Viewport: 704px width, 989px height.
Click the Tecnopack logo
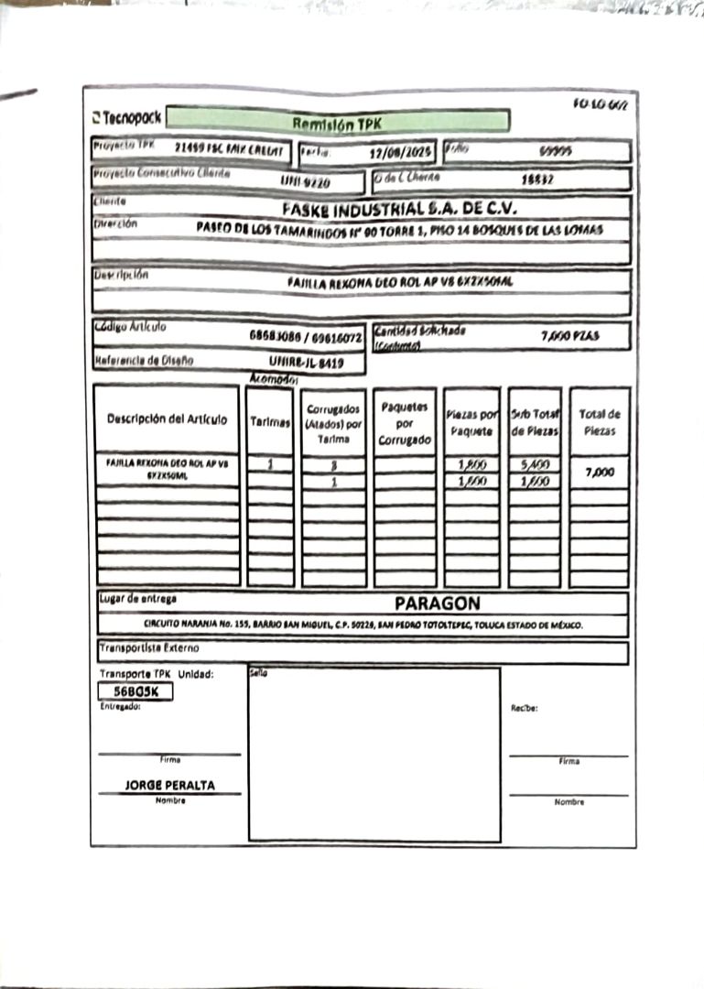click(127, 118)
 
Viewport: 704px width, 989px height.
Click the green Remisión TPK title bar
click(339, 122)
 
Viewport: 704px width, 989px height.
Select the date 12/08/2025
click(399, 153)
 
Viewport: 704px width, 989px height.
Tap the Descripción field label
click(121, 275)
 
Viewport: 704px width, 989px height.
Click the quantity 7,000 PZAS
click(569, 336)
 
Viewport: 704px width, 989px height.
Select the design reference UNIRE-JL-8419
click(307, 363)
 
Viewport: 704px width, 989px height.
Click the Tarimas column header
click(270, 421)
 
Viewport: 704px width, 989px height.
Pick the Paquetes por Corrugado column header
click(405, 421)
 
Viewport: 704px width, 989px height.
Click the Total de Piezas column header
click(600, 421)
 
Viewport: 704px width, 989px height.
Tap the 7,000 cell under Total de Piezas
click(600, 473)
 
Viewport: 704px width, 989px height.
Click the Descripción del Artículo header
click(167, 419)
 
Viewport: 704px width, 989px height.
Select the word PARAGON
click(437, 603)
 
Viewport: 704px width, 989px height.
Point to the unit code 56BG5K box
click(135, 692)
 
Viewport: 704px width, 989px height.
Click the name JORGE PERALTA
click(170, 786)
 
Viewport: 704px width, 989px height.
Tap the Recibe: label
click(525, 708)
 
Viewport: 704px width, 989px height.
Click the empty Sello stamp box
click(374, 755)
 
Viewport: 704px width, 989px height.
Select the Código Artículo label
click(131, 327)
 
